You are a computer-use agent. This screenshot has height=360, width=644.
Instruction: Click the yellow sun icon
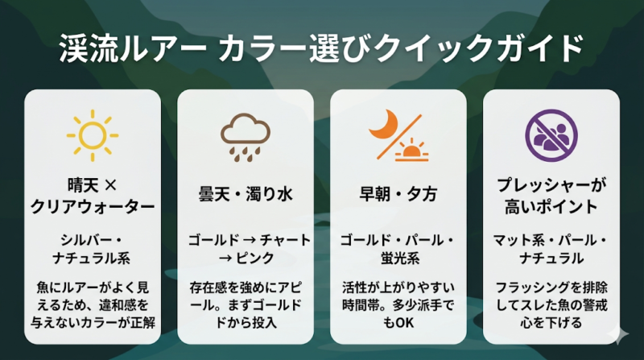coord(91,132)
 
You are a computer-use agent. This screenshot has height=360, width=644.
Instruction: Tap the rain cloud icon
coord(245,134)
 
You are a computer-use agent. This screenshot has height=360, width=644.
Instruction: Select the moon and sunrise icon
coord(398,134)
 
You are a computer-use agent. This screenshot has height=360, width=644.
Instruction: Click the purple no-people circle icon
coord(551,133)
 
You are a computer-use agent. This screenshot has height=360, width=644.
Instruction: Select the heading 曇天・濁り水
coord(245,195)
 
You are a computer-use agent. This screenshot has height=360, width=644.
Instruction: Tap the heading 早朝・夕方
coord(398,195)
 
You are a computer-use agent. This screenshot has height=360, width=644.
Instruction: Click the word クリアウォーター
coord(92,207)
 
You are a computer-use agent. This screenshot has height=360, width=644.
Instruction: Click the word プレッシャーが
coord(551,184)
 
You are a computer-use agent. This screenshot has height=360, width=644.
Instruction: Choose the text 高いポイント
coord(551,207)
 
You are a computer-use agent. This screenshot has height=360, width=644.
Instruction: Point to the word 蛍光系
coord(398,258)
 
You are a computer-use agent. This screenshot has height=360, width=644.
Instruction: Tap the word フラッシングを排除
coord(551,287)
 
